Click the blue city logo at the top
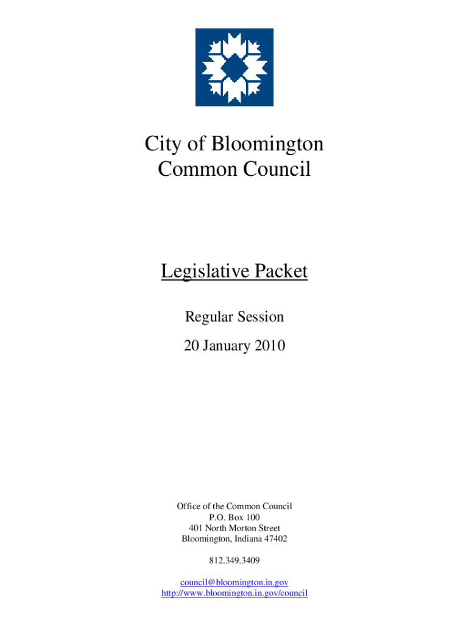[234, 67]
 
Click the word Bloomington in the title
[268, 144]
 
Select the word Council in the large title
[279, 169]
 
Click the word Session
[260, 317]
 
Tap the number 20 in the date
[191, 346]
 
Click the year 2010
[270, 346]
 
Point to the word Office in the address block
[189, 506]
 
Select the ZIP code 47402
[275, 539]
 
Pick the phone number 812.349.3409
[234, 560]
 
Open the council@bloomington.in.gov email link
[234, 582]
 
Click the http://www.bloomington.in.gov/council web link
[234, 593]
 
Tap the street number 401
[196, 528]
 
